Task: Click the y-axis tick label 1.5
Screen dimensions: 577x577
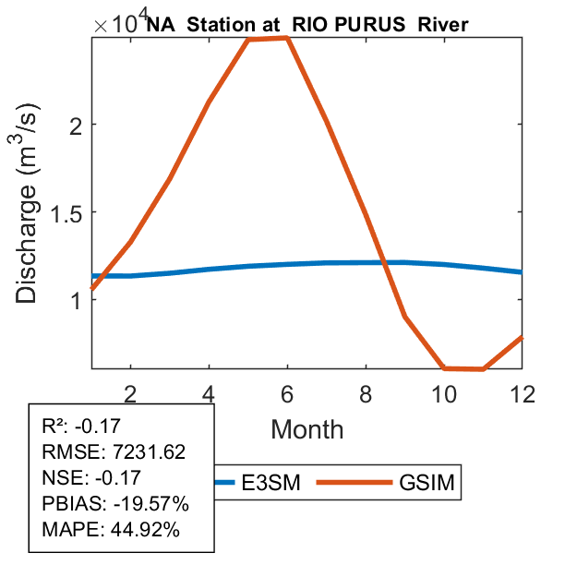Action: (x=67, y=213)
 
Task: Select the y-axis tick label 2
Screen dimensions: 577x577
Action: (x=77, y=125)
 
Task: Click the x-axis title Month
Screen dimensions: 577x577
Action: (x=307, y=429)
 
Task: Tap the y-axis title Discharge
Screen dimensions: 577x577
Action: (x=29, y=240)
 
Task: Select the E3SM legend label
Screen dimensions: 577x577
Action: (x=271, y=483)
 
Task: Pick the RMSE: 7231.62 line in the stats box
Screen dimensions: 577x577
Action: (x=114, y=452)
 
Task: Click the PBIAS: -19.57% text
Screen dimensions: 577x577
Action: (x=115, y=504)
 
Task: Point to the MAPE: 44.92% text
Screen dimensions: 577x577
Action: (x=111, y=530)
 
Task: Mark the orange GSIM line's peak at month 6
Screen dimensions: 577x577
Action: (x=288, y=38)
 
